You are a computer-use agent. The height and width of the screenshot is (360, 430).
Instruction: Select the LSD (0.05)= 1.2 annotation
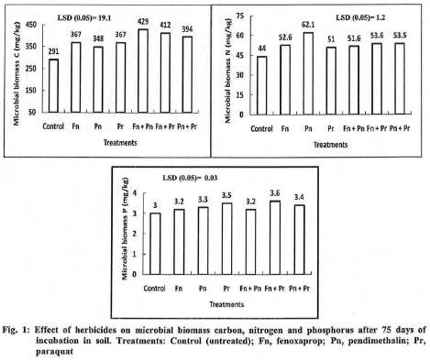[x=353, y=16]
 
